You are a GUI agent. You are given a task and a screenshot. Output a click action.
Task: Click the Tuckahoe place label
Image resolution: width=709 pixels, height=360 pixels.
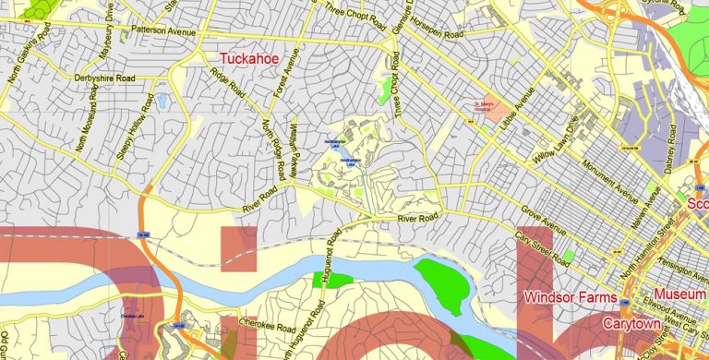point(249,59)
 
